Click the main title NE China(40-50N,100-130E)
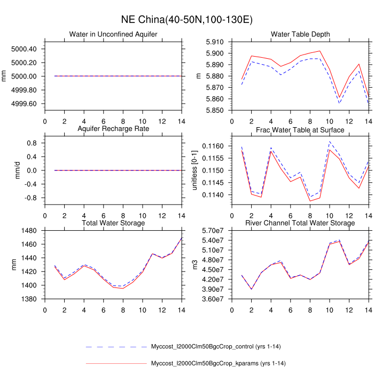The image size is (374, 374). tap(187, 20)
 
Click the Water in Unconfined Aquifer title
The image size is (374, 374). tap(113, 35)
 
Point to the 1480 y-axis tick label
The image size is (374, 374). tap(28, 231)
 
